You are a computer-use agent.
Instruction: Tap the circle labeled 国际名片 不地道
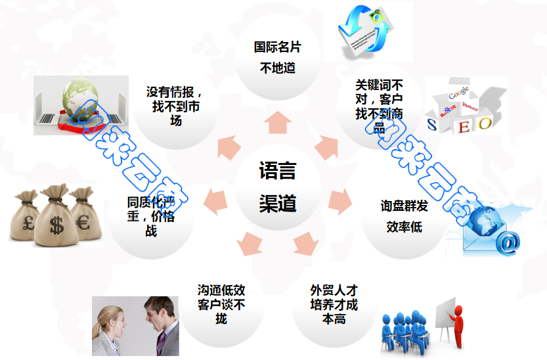click(278, 57)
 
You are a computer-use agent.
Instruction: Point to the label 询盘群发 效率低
click(404, 216)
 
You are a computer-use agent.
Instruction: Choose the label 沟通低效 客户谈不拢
click(221, 304)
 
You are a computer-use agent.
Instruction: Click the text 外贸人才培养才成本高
click(334, 304)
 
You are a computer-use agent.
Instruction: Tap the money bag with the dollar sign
click(55, 214)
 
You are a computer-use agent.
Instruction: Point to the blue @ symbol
click(507, 242)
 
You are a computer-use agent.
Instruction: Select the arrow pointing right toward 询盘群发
click(339, 198)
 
